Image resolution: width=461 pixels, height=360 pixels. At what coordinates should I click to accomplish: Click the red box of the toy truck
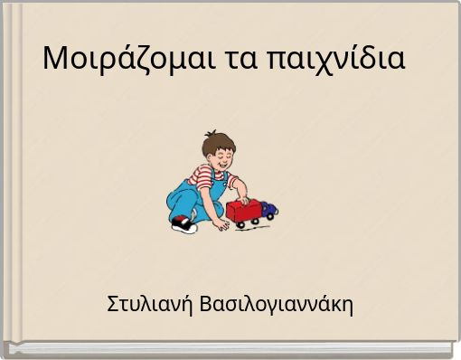[244, 211]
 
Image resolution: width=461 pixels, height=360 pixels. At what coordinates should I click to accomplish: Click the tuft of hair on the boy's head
[209, 137]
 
